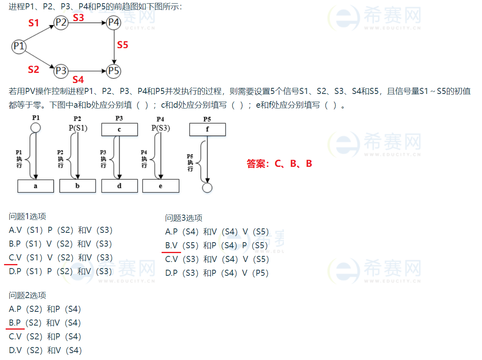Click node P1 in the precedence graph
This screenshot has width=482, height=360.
[19, 46]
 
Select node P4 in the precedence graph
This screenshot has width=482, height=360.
[114, 23]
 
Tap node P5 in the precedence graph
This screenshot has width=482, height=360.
[114, 71]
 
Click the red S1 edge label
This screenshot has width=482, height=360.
[34, 23]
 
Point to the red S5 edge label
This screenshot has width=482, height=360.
[122, 45]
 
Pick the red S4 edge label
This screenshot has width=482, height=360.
[78, 79]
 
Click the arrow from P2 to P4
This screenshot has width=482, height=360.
[87, 23]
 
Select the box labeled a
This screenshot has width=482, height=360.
[36, 186]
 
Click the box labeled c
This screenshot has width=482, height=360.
[119, 130]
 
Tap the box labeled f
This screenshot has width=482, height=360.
[207, 130]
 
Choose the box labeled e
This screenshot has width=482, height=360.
[161, 186]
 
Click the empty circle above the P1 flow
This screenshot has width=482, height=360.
[36, 128]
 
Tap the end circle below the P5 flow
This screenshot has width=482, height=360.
[207, 187]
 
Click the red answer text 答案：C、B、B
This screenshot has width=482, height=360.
[279, 164]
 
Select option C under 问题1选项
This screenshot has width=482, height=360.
[61, 258]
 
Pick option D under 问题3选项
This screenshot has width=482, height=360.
[217, 273]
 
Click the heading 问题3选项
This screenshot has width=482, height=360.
[183, 218]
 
